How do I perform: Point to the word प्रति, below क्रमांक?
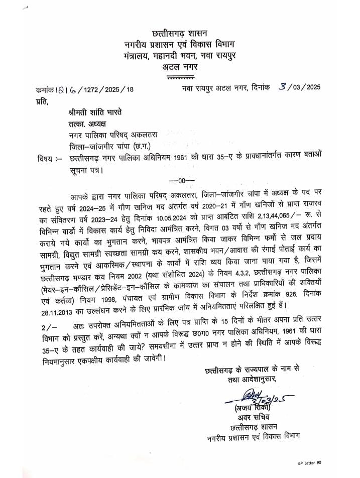click(45, 103)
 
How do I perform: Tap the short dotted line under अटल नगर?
click(180, 77)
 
